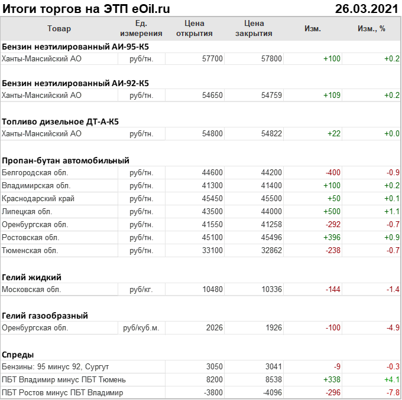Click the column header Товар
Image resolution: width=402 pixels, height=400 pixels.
pos(59,29)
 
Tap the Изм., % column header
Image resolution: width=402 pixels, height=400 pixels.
pos(371,29)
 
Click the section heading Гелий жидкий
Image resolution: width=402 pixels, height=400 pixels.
pos(32,277)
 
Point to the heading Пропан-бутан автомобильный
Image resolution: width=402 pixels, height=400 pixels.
pos(66,160)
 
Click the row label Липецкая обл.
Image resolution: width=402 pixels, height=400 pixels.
pos(27,212)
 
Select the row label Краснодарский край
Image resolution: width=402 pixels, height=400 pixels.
pos(38,199)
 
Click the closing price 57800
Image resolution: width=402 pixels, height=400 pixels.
pos(271,59)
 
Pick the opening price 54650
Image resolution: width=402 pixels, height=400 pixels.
pos(212,95)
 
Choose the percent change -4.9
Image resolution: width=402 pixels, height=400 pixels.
pos(391,328)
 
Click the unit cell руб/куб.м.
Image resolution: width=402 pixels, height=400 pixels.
pos(141,328)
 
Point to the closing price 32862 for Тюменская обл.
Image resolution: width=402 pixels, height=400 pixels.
pos(271,251)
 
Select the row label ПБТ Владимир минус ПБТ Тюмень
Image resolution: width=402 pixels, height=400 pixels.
pos(64,380)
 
